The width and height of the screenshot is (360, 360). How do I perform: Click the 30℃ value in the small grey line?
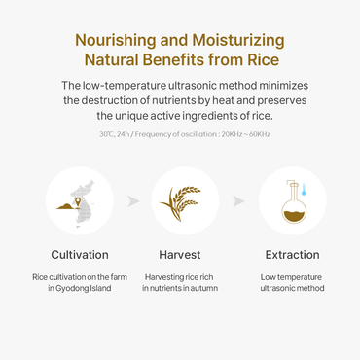point(105,133)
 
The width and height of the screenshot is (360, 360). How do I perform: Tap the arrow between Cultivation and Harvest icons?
point(133,202)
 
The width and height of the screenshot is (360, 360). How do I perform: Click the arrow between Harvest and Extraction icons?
point(238,202)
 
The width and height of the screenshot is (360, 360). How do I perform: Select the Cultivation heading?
point(80,255)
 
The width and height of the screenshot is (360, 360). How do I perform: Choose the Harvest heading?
point(180,255)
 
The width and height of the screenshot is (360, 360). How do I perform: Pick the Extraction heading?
point(292,255)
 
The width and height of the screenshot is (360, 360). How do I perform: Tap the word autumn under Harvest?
point(202,288)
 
